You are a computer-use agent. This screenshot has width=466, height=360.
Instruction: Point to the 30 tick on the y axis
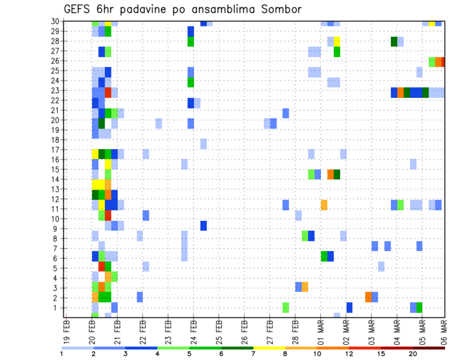coord(55,21)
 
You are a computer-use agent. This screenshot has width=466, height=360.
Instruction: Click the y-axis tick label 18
coord(55,140)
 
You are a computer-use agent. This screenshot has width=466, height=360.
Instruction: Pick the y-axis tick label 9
coord(57,229)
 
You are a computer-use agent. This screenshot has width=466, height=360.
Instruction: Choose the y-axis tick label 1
coord(57,308)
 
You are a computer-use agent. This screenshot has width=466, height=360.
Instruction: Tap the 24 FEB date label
coord(193,328)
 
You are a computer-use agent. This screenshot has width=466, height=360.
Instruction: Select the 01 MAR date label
coord(320,328)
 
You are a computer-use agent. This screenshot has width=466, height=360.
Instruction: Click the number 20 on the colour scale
coord(413,354)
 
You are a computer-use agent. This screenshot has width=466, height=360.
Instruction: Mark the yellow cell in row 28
coord(337,41)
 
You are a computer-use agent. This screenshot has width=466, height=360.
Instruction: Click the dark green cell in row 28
coord(394,41)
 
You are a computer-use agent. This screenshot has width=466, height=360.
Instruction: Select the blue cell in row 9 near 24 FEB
coord(203,226)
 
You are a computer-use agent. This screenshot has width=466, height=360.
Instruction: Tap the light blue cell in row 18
coord(203,144)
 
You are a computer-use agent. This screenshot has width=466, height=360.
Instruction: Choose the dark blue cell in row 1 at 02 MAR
coord(349,308)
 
